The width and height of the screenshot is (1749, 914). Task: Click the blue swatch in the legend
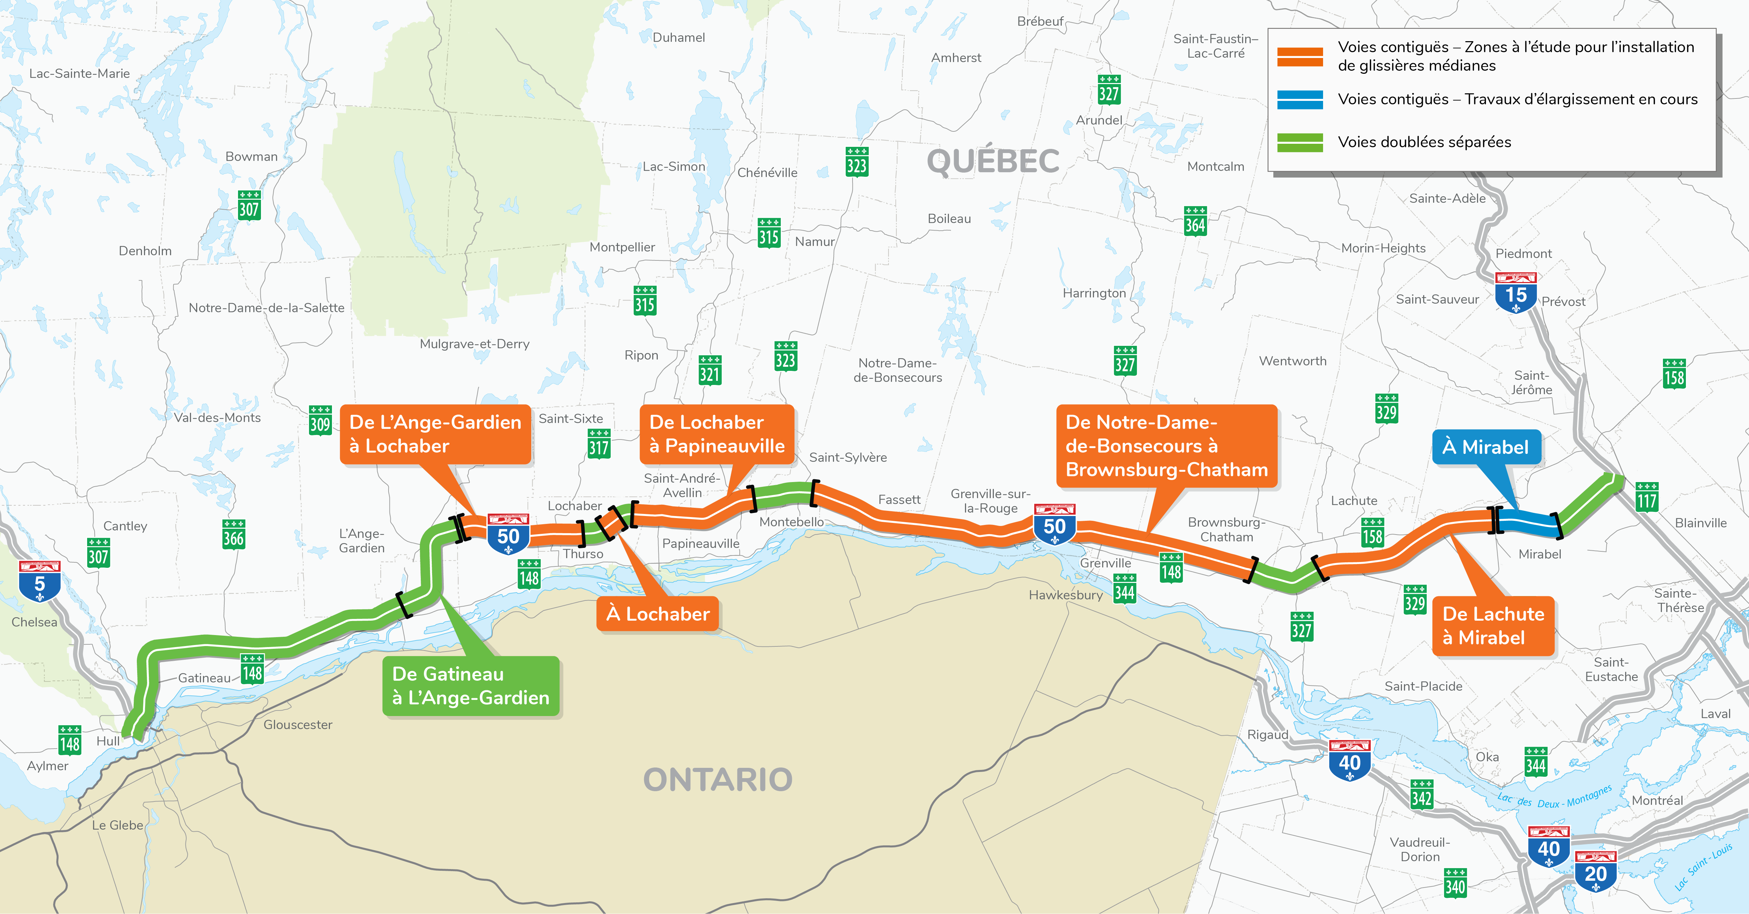pyautogui.click(x=1299, y=99)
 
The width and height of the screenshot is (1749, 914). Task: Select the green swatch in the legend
pyautogui.click(x=1299, y=142)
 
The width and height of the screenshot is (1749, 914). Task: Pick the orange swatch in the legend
pyautogui.click(x=1299, y=56)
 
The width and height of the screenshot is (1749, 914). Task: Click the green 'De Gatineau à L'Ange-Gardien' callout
pyautogui.click(x=471, y=686)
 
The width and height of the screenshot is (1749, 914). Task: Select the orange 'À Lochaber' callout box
pyautogui.click(x=657, y=614)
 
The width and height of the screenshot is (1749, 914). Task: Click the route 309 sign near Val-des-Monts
pyautogui.click(x=320, y=421)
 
